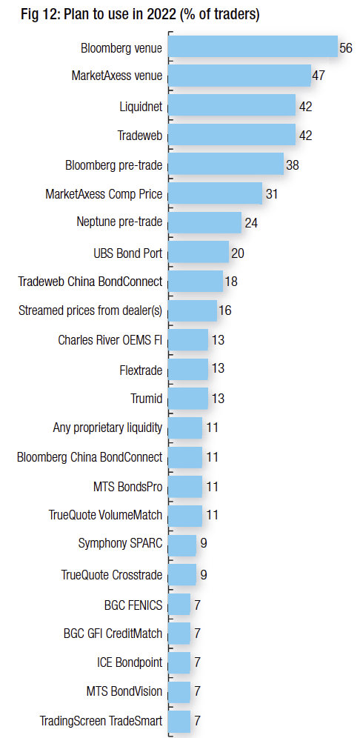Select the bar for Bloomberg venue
point(253,46)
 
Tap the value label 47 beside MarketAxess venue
point(318,76)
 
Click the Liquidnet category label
point(141,107)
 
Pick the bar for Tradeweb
point(232,134)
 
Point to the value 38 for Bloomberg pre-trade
point(293,165)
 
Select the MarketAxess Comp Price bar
point(215,193)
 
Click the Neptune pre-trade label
point(119,222)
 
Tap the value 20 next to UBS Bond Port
point(237,253)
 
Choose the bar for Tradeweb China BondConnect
point(196,281)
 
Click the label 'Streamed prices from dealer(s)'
point(90,310)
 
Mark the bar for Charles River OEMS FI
point(187,340)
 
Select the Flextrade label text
point(141,370)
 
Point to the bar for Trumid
point(187,399)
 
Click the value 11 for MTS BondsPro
point(213,487)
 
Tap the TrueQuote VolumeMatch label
point(105,516)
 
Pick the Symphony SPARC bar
point(182,545)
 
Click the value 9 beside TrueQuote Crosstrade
point(203,575)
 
